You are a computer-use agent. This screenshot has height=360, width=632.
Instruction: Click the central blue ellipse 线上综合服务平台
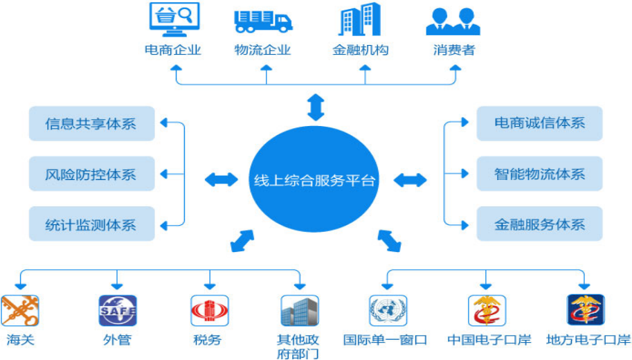314,179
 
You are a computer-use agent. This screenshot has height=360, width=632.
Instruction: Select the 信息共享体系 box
92,123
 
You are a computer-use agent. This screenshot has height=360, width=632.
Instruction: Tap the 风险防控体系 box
92,174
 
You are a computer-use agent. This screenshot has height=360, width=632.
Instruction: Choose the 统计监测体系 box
92,224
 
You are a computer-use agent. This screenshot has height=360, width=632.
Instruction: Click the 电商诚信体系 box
539,123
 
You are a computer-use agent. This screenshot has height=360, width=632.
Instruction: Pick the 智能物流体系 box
539,174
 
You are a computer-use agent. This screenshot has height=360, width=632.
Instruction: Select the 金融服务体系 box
539,224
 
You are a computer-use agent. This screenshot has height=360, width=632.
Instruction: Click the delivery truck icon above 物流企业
263,21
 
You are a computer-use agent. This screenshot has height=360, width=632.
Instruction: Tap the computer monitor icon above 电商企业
174,19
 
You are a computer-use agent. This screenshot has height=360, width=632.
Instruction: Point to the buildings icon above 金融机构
359,19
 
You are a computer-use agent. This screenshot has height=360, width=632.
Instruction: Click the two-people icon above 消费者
453,21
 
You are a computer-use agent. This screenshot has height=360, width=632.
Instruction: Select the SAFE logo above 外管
118,310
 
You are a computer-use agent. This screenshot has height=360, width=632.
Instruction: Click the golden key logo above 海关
20,310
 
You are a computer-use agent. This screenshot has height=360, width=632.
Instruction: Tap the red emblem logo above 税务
210,310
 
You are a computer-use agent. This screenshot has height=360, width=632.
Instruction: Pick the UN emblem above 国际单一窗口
388,310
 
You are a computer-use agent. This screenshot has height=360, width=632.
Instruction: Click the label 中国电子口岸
489,340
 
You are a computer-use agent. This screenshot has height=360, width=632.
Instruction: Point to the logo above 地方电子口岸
586,309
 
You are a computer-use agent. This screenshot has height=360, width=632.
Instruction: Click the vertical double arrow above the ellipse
316,107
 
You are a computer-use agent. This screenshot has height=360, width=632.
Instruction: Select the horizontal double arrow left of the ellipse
222,180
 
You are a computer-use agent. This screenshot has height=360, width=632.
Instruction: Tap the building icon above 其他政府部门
300,310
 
